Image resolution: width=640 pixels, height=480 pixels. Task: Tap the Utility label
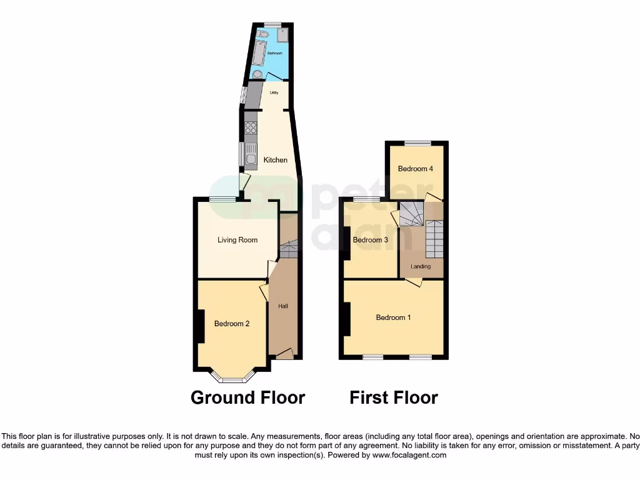click(274, 93)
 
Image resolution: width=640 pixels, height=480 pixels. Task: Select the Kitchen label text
click(275, 160)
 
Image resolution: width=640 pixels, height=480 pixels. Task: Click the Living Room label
click(237, 240)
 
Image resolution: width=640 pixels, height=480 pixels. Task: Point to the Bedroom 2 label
click(232, 324)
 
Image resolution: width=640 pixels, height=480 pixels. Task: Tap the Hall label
click(283, 306)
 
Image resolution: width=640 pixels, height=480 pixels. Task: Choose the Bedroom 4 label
click(416, 169)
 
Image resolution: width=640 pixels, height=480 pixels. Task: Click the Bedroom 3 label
click(371, 240)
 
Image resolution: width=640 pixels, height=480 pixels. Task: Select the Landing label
click(421, 267)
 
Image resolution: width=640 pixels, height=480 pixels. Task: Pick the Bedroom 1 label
click(393, 317)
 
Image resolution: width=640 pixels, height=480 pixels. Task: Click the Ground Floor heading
click(247, 397)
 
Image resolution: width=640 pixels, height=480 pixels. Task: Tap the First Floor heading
click(394, 397)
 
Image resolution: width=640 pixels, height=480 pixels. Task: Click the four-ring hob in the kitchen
click(251, 128)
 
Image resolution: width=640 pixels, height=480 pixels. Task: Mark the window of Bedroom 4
click(416, 143)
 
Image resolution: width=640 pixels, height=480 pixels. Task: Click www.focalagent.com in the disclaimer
click(409, 456)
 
